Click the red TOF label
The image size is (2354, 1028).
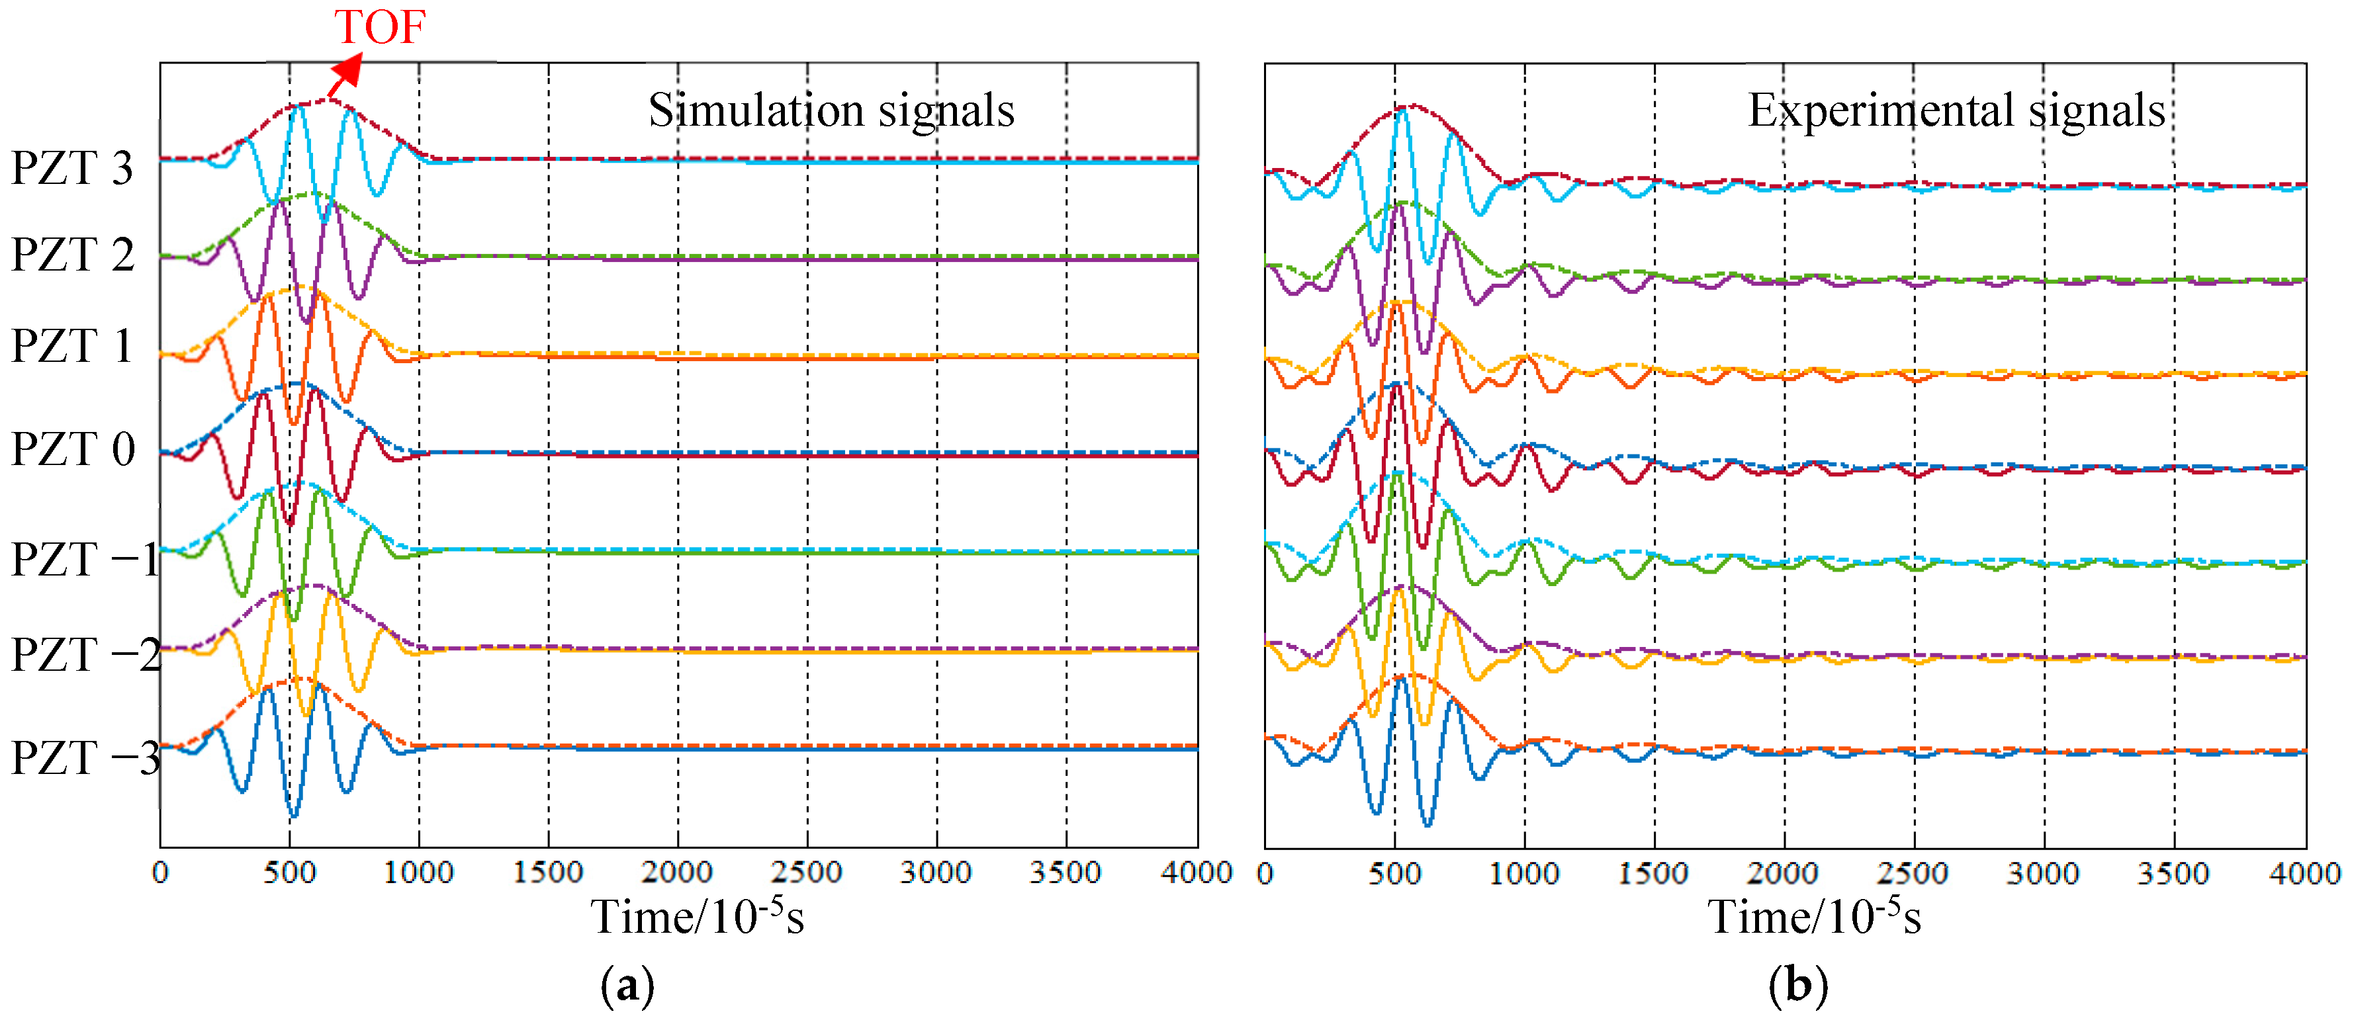pos(379,26)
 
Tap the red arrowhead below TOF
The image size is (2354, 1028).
pos(348,70)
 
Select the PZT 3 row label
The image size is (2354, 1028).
pos(72,168)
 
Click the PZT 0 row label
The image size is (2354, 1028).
pos(73,449)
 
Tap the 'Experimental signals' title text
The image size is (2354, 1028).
pos(1956,110)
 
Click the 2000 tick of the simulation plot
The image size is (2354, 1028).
pos(676,873)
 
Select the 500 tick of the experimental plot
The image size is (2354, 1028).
pos(1394,874)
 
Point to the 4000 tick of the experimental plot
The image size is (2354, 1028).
pos(2304,874)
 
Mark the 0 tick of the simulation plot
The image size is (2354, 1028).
pos(160,873)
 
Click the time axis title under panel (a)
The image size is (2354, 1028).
pos(698,916)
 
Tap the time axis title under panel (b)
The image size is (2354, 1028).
pos(1814,916)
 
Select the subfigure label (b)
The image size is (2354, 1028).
pos(1797,986)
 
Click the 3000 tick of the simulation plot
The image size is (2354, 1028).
pos(936,873)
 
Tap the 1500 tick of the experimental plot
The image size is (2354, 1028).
pos(1653,874)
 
